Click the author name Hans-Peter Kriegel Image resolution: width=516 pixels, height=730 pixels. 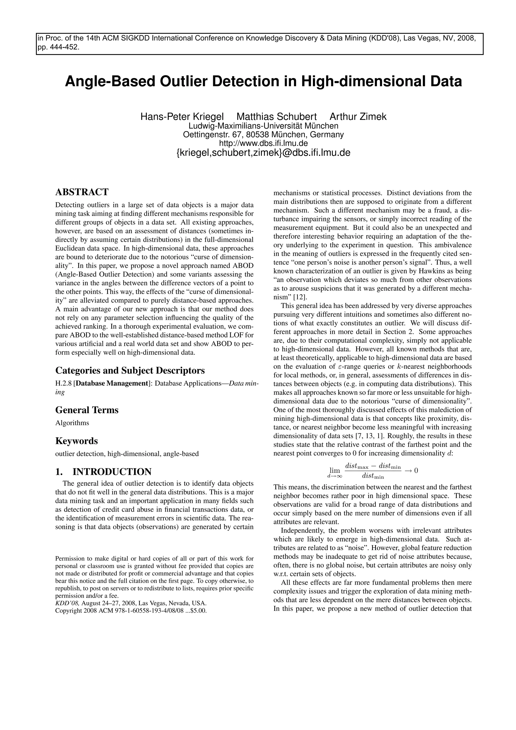182,117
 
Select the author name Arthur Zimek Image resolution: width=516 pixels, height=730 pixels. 358,117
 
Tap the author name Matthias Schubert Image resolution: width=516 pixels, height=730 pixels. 277,117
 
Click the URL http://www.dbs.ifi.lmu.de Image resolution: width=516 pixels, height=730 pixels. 263,143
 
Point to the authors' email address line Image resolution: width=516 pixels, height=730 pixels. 263,153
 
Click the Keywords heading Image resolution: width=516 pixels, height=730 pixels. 76,441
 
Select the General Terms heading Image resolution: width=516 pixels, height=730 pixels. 87,410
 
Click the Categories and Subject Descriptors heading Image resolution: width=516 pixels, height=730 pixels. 130,370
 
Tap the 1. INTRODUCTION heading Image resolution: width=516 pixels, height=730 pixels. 103,472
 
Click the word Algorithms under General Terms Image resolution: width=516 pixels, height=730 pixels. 72,423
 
